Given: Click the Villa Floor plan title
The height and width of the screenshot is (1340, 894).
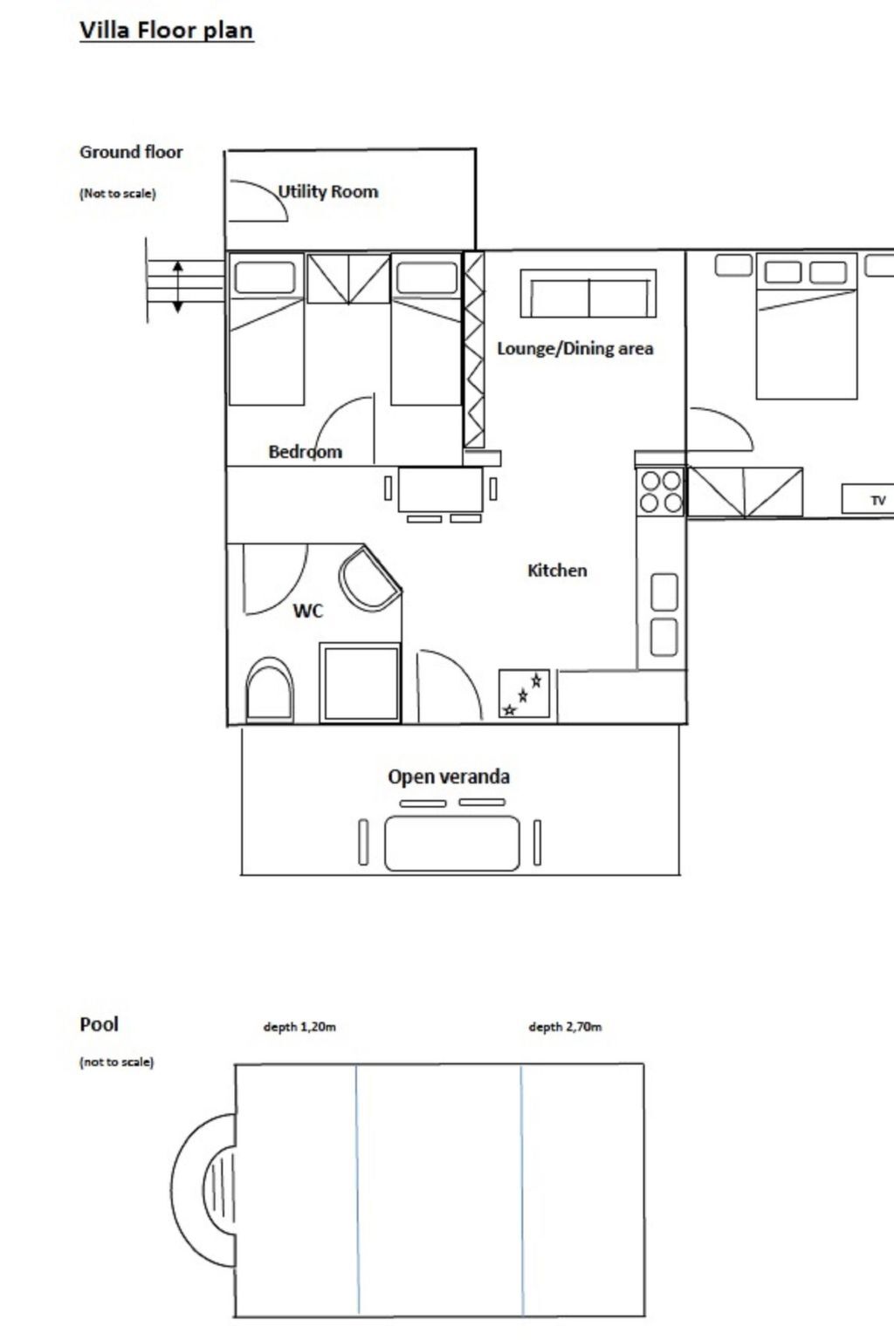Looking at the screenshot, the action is click(167, 30).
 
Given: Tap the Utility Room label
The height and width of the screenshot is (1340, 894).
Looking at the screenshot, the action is click(328, 191).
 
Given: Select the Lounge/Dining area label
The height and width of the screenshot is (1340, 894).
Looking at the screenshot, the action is click(574, 348).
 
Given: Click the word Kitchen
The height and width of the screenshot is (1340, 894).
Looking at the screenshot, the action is click(557, 570).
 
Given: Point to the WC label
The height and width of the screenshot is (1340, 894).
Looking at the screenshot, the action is click(308, 610).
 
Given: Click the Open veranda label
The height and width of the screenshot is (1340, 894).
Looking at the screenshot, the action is click(449, 776).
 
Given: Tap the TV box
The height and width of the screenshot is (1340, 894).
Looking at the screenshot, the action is click(868, 499).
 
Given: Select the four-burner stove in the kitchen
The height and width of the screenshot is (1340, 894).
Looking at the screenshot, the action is click(661, 492).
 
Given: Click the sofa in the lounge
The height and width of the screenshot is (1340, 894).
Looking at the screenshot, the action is click(588, 293).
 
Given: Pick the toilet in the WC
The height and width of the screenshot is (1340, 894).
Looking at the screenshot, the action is click(270, 690).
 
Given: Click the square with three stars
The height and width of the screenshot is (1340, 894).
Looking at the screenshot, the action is click(525, 694).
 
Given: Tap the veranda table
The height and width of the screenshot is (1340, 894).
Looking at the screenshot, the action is click(452, 843).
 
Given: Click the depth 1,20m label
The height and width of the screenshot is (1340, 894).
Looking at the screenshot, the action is click(299, 1027).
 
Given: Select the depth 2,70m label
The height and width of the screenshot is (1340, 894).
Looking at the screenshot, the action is click(565, 1027).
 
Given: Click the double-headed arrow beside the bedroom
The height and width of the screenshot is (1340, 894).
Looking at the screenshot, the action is click(178, 286).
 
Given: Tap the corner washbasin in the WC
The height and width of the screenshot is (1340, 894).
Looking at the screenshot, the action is click(368, 578).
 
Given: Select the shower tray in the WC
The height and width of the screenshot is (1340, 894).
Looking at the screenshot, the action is click(360, 683).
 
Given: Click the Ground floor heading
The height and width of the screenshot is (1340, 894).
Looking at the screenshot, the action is click(131, 152).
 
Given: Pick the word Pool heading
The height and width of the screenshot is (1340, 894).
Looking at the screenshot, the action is click(99, 1024).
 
